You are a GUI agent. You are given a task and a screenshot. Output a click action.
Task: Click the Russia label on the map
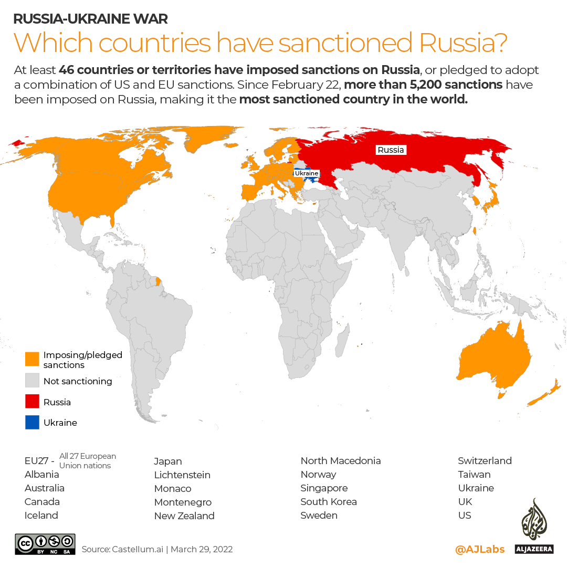391,150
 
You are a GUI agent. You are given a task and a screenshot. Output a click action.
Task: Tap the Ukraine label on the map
306,173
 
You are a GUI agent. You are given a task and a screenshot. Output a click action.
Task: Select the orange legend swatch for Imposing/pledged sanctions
32,359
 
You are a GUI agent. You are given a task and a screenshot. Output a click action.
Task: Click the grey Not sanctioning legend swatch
32,381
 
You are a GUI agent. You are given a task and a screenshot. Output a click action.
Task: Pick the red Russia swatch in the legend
32,402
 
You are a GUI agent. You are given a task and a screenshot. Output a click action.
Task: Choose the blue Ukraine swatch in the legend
32,422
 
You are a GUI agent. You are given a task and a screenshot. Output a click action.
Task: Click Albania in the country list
42,475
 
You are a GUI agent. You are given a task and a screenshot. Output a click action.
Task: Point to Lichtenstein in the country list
182,475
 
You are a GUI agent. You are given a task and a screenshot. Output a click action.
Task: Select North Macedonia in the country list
341,461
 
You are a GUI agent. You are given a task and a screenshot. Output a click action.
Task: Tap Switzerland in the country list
485,461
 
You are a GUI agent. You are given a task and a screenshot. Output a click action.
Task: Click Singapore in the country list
324,488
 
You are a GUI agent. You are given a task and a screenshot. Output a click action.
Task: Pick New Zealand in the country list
184,516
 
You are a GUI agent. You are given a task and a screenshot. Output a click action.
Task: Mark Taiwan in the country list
474,475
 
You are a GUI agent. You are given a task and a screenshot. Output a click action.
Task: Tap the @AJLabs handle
480,550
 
